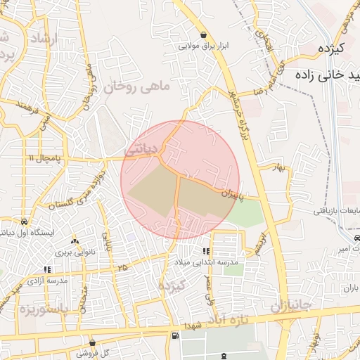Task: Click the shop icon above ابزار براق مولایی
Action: (203, 34)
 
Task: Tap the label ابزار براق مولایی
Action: (204, 46)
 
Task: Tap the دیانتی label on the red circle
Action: (139, 149)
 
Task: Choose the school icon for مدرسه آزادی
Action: (46, 269)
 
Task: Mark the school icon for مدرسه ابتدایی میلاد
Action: (206, 251)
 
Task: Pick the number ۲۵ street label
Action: (123, 267)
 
